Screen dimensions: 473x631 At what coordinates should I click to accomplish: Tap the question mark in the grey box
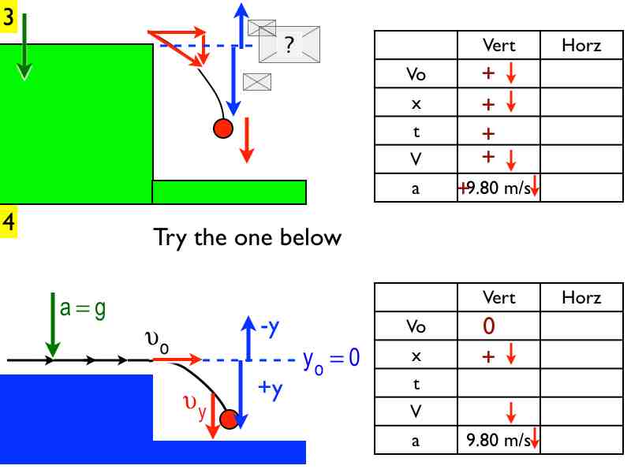tap(289, 46)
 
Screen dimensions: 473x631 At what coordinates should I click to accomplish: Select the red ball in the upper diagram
tap(223, 128)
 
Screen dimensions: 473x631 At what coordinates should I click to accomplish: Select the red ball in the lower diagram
tap(229, 419)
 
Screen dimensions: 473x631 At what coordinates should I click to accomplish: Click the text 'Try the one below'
tap(248, 237)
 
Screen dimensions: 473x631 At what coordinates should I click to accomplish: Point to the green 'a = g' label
tap(83, 308)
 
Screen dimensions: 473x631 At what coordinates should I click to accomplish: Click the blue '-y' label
tap(269, 326)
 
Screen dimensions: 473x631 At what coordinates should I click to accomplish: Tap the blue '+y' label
tap(271, 389)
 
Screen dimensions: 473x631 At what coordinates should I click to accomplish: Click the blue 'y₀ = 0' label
tap(331, 359)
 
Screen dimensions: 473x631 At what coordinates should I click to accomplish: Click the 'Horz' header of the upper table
tap(581, 46)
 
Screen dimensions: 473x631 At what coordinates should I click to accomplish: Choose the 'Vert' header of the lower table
tap(498, 298)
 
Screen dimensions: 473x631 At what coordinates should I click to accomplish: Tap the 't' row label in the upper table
tap(416, 132)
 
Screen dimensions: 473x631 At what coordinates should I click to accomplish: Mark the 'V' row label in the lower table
tap(416, 412)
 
